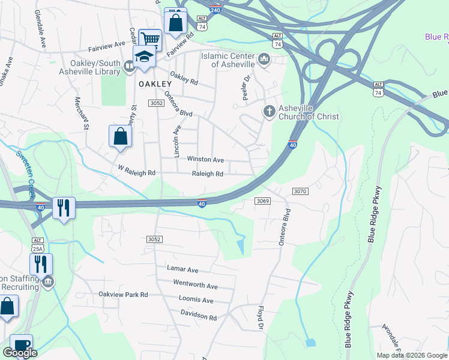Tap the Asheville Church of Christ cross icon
(x=270, y=112)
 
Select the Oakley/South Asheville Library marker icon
(x=129, y=67)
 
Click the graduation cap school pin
(x=145, y=57)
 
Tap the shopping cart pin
(x=150, y=40)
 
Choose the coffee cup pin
(x=21, y=345)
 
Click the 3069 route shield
(x=262, y=200)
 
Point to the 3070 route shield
(x=300, y=191)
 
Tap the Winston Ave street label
(x=205, y=160)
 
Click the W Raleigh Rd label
(x=137, y=173)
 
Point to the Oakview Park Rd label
(x=123, y=295)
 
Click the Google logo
(x=20, y=353)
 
